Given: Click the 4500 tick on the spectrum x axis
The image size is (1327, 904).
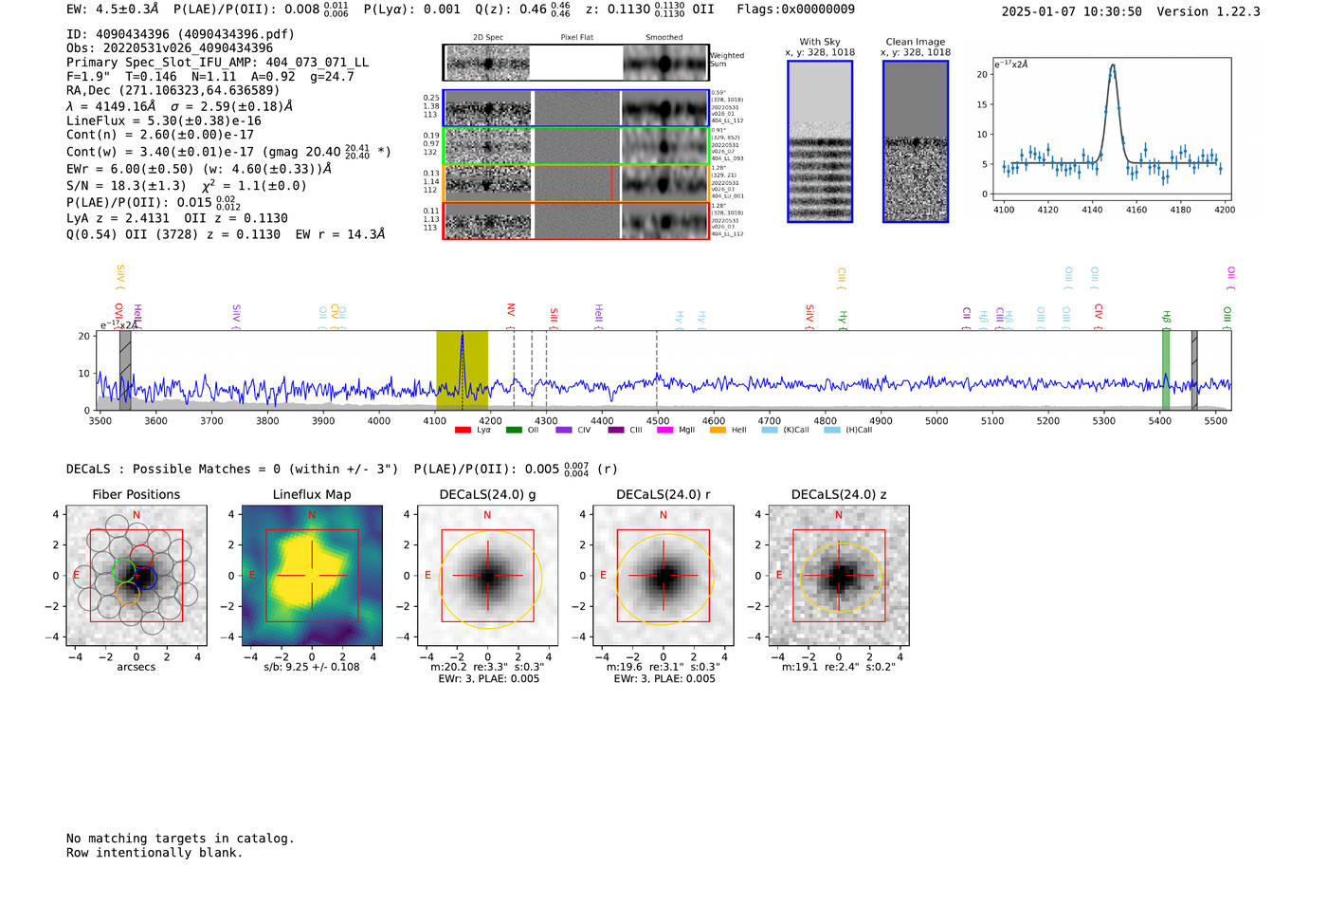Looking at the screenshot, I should [x=658, y=420].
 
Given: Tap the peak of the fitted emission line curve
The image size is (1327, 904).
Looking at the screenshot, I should [x=1113, y=65].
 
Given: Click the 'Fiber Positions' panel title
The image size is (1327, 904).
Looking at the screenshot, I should [x=136, y=494].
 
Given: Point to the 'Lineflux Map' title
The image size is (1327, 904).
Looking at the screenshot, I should [x=311, y=494].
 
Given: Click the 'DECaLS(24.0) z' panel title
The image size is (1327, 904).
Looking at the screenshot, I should [x=838, y=494].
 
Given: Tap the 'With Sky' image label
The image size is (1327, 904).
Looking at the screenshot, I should [x=819, y=42].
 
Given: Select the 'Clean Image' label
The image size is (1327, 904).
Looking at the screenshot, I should [x=915, y=42].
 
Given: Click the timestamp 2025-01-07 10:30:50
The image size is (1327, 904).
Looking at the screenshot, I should [x=1071, y=11].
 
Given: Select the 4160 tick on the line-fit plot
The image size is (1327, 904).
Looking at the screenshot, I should [x=1136, y=210].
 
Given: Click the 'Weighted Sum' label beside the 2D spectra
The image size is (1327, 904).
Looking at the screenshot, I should [x=726, y=60].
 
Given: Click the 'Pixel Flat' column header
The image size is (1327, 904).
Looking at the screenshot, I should [x=576, y=37].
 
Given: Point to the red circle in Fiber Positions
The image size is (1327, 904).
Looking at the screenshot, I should [x=141, y=557].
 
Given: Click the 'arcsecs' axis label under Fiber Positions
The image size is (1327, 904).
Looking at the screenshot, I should [x=136, y=667].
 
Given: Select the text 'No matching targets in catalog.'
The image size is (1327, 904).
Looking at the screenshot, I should [x=180, y=839].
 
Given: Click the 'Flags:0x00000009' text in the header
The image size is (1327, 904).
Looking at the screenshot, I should [x=795, y=9].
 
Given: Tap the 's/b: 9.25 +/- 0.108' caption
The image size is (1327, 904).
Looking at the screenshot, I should [x=311, y=667].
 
